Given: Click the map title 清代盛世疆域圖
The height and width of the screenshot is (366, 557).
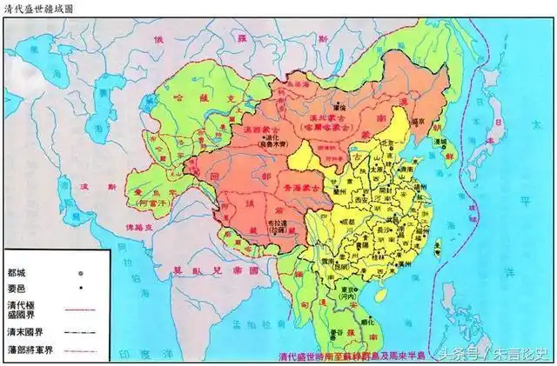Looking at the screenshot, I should pyautogui.click(x=39, y=7).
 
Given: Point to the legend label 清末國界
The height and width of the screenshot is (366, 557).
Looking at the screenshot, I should pyautogui.click(x=28, y=331).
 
